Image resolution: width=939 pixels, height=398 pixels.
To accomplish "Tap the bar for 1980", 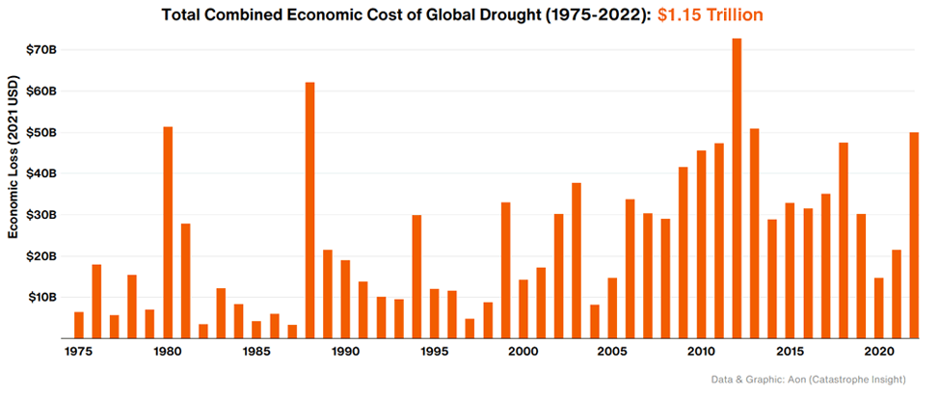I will [168, 232].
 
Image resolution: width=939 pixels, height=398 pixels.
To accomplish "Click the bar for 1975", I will [79, 325].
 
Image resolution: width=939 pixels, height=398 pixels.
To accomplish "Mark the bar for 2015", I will [790, 271].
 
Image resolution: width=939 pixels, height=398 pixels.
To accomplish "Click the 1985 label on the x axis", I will [256, 353].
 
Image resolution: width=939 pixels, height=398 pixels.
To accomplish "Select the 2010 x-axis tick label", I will [701, 353].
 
